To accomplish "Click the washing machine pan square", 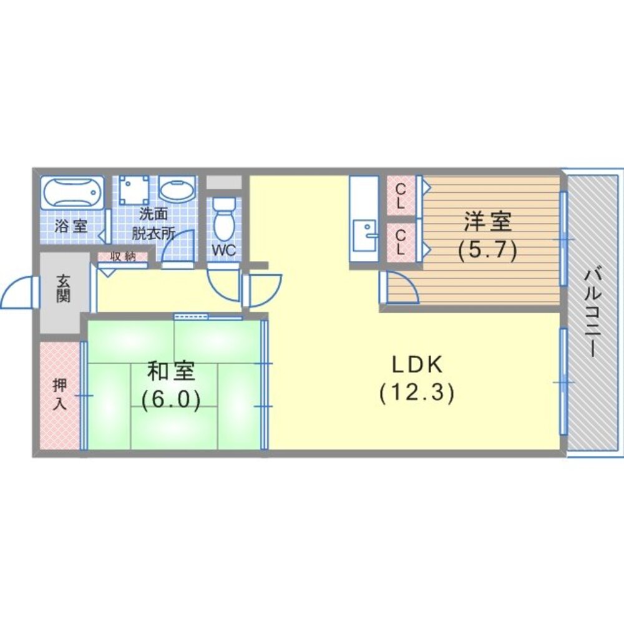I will pyautogui.click(x=136, y=190).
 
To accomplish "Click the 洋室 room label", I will pyautogui.click(x=487, y=222).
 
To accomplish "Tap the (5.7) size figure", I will pyautogui.click(x=487, y=251).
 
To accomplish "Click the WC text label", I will pyautogui.click(x=223, y=250).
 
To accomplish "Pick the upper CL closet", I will pyautogui.click(x=401, y=195).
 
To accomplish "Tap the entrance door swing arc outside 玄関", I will pyautogui.click(x=17, y=292).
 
